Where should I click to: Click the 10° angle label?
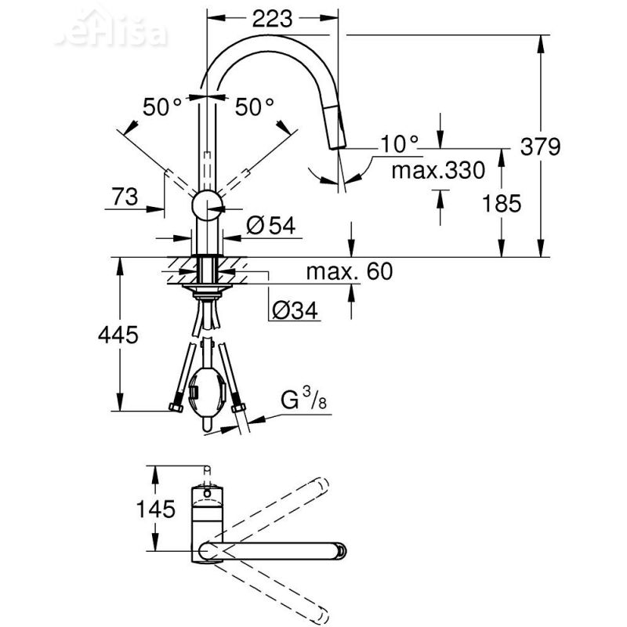(x=400, y=143)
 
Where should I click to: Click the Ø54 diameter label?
(x=270, y=227)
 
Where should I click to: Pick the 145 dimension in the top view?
(x=154, y=509)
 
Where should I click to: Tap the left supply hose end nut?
(x=176, y=408)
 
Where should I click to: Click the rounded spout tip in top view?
(x=339, y=549)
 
